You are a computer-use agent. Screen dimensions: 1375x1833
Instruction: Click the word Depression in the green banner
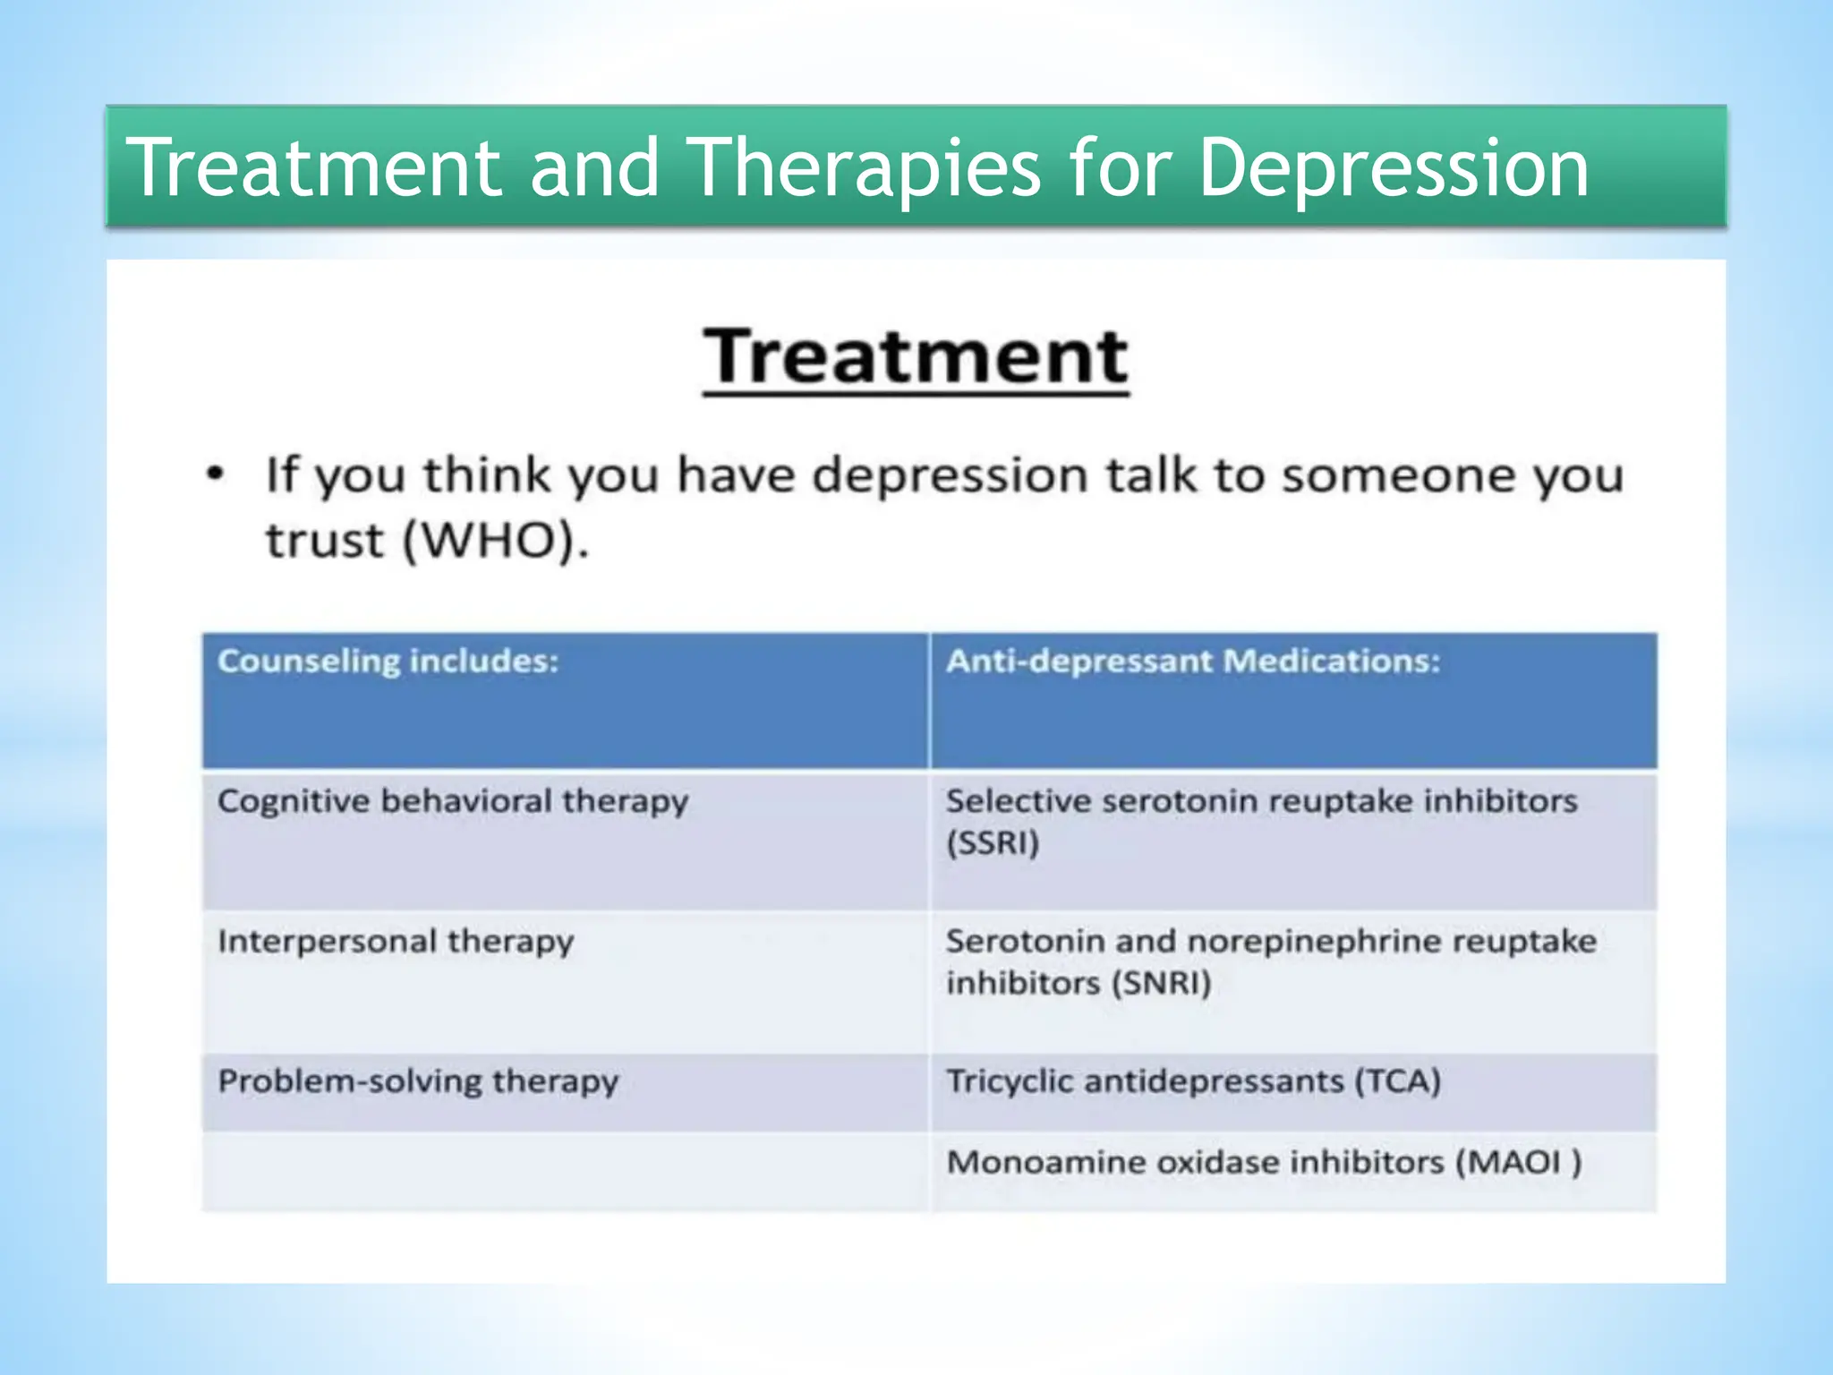pos(1393,168)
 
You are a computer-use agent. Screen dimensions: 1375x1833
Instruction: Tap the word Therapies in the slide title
pos(866,168)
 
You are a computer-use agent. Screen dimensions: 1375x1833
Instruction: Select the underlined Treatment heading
pos(915,357)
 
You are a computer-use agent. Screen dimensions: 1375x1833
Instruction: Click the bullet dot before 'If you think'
pos(215,474)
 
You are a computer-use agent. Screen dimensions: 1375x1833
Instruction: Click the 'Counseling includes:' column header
pos(388,662)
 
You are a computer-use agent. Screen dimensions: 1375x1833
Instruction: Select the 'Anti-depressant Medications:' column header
pos(1193,662)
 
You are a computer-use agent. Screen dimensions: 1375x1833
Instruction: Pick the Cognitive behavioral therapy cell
pos(453,801)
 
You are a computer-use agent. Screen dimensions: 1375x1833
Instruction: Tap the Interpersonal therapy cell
pos(396,942)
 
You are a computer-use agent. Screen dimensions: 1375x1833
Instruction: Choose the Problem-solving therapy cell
pos(418,1081)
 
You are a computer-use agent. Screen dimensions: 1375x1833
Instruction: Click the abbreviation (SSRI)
pos(993,843)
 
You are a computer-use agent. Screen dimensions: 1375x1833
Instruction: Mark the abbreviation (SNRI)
pos(1161,984)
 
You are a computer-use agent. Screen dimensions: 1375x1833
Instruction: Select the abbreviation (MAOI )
pos(1518,1162)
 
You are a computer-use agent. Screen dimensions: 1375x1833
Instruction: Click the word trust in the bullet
pos(325,541)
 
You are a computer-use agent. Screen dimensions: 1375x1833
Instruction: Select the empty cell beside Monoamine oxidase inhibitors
pos(565,1171)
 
